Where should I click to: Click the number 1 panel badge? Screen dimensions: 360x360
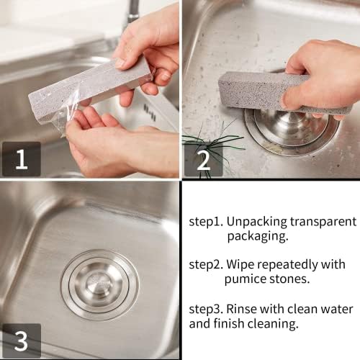(x=22, y=159)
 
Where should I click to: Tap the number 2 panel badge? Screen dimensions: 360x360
(x=204, y=160)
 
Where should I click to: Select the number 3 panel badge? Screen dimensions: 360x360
(x=22, y=341)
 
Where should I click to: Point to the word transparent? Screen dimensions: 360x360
(x=323, y=222)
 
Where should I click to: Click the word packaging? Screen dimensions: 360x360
(x=258, y=237)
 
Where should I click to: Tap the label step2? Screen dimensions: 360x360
(x=206, y=265)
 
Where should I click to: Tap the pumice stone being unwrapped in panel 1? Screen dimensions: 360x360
(x=89, y=89)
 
